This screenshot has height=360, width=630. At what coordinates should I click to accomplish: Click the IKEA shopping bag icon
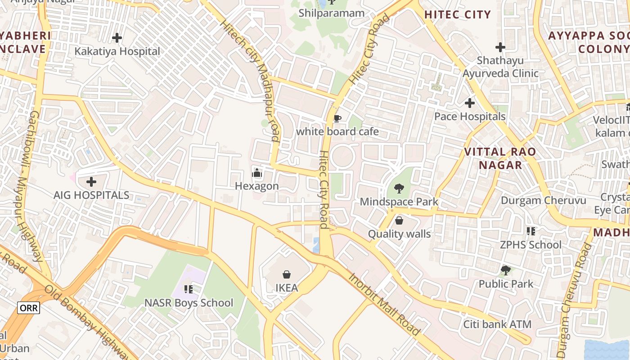[286, 274]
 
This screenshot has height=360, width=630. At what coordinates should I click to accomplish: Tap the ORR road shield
[29, 308]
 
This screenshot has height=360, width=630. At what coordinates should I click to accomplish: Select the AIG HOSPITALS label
[91, 195]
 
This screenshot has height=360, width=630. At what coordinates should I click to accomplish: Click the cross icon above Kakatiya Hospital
[117, 38]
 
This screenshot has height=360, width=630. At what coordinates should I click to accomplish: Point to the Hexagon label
[257, 186]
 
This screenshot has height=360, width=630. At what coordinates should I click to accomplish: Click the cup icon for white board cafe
[337, 119]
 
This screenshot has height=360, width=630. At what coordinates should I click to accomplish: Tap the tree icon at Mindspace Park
[399, 189]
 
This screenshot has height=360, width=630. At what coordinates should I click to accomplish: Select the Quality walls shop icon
[399, 220]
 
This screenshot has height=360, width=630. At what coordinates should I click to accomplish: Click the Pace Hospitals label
[470, 117]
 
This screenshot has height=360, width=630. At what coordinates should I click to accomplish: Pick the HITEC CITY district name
[458, 14]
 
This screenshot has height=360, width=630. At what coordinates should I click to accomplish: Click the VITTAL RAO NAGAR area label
[500, 158]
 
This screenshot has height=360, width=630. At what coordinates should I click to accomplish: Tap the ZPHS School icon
[531, 231]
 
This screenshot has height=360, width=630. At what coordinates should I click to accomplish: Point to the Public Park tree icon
[506, 270]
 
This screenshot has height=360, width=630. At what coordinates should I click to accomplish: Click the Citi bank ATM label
[497, 324]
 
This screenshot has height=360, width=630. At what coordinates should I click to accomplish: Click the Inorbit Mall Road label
[384, 304]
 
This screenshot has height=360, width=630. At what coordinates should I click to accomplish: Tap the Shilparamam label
[332, 13]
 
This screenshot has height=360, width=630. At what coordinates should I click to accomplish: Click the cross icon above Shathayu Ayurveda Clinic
[500, 47]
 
